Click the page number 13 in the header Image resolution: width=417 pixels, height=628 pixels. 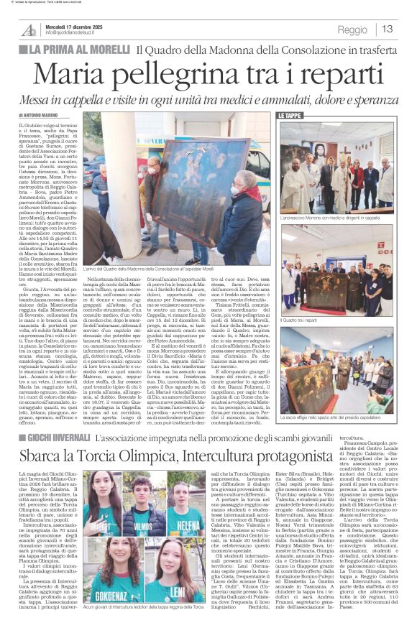(388, 29)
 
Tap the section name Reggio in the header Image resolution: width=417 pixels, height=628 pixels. (352, 30)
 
